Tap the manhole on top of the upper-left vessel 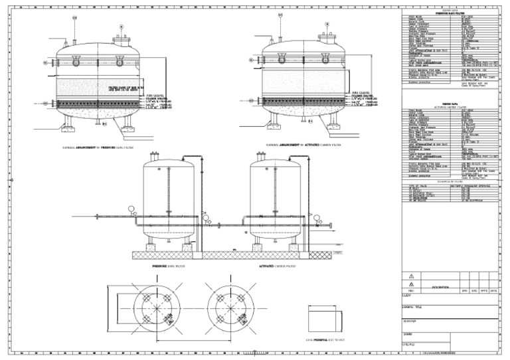[122, 40]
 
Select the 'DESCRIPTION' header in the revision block [440, 287]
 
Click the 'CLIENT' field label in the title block [409, 296]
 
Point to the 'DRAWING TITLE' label [414, 308]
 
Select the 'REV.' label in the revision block [411, 291]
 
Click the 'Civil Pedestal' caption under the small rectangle [325, 339]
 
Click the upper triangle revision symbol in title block [411, 275]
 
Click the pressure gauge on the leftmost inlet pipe [132, 209]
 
